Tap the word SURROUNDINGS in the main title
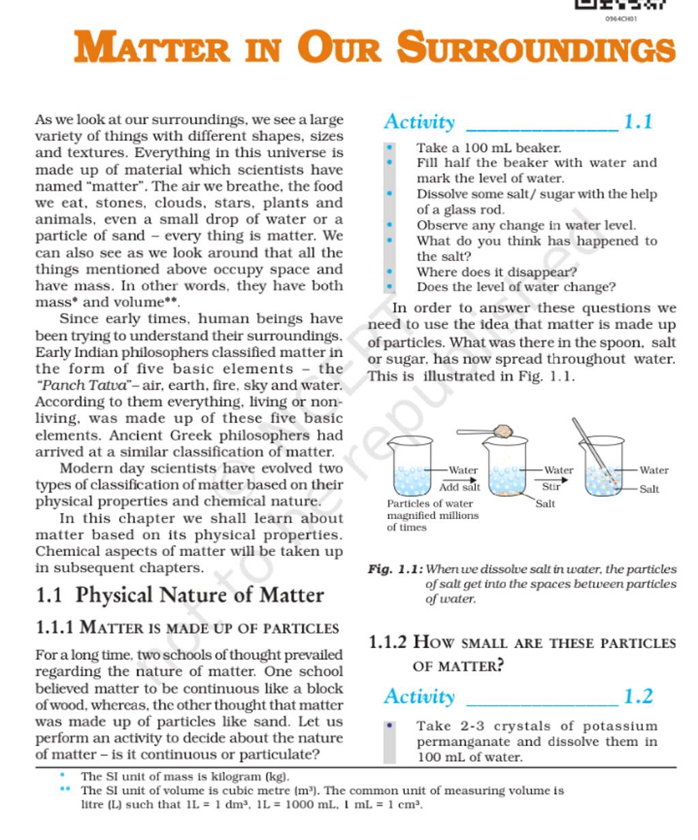coord(536,48)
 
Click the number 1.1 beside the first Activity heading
coord(638,122)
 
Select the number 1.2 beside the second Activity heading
coord(638,696)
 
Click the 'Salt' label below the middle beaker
coord(545,504)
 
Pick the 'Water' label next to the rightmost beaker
coord(654,470)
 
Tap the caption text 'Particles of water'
coord(429,503)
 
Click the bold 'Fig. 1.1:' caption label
coord(395,569)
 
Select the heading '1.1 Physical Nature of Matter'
coord(179,595)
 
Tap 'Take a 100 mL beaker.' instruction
coord(489,148)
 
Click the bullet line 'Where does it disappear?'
coord(496,272)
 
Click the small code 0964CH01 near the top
coord(620,19)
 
